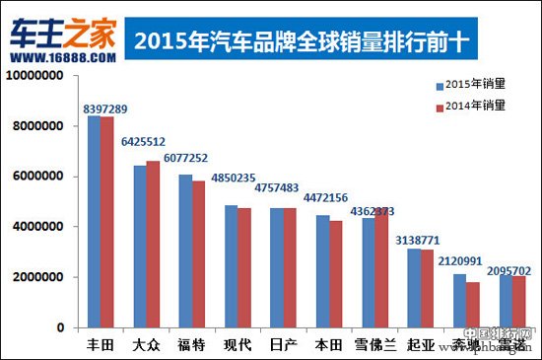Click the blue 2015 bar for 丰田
pyautogui.click(x=94, y=222)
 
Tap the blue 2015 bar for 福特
pyautogui.click(x=185, y=252)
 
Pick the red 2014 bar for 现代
pyautogui.click(x=243, y=267)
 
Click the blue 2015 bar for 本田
pyautogui.click(x=322, y=271)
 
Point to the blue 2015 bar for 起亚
pyautogui.click(x=413, y=288)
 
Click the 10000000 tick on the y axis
pyautogui.click(x=35, y=76)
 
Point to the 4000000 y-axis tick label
pyautogui.click(x=39, y=227)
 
